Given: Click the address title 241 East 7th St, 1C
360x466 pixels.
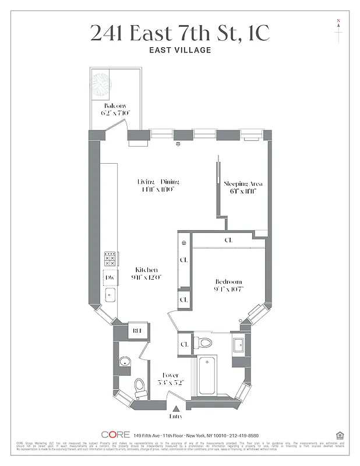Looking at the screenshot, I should (180, 33).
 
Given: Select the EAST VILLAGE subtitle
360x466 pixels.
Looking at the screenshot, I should (180, 50).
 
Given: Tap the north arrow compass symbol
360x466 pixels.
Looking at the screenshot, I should (338, 30).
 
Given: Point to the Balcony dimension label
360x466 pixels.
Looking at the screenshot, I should (115, 109).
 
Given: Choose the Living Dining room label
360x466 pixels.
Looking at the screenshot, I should (158, 185).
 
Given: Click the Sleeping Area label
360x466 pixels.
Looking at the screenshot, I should (240, 187).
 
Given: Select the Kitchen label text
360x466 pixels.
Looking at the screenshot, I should (147, 273).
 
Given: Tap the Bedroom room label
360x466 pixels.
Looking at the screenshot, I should (228, 285).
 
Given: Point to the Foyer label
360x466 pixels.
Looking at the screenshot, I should (170, 379).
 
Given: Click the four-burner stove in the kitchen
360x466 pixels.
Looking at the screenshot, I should (111, 259).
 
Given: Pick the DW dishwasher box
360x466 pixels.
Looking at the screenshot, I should (110, 278).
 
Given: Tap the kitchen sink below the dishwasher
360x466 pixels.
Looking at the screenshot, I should (110, 295).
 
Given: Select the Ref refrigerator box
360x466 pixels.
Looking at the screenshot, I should (137, 331).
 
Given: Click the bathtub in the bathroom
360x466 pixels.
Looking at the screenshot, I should (207, 376).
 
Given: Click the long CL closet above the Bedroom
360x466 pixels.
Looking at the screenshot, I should (228, 239).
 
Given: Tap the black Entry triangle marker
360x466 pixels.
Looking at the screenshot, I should (176, 408).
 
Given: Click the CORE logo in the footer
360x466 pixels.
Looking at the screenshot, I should (115, 435).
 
